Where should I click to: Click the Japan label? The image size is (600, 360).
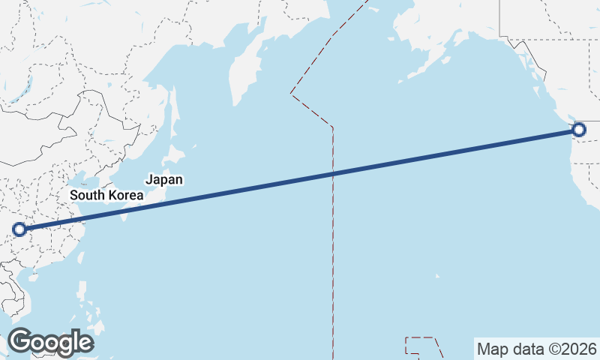(164, 180)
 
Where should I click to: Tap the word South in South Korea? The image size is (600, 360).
(87, 195)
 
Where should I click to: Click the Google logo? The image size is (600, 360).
(50, 342)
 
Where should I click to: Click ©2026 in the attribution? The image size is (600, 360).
(570, 349)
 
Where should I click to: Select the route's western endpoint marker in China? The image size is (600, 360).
(19, 229)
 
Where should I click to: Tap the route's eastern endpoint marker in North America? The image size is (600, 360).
(578, 130)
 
